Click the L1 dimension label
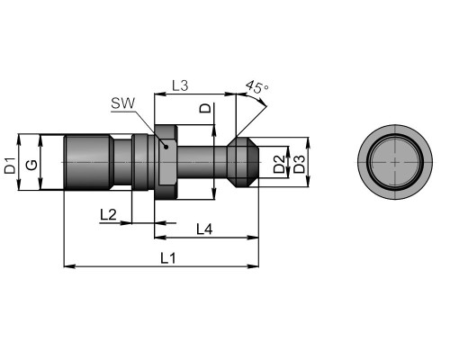coord(168,258)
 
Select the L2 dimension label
coord(108,215)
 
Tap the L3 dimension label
coord(180,85)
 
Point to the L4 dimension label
coord(204,229)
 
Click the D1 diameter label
coord(10,166)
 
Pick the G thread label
coord(31,165)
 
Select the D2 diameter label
coord(279,164)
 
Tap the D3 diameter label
coord(299,164)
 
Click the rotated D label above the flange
coord(205,108)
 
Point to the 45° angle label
coord(257,87)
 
